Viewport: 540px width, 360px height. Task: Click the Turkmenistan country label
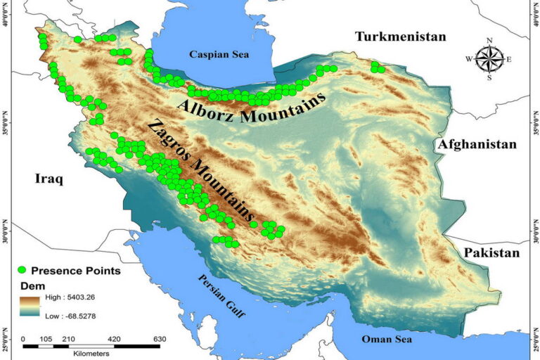pyautogui.click(x=400, y=37)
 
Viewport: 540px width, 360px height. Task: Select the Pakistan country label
pyautogui.click(x=491, y=252)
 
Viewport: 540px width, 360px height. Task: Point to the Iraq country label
pyautogui.click(x=49, y=179)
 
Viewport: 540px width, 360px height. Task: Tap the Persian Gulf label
pyautogui.click(x=221, y=296)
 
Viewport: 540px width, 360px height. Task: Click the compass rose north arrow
pyautogui.click(x=489, y=46)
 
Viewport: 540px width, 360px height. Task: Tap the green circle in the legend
pyautogui.click(x=22, y=270)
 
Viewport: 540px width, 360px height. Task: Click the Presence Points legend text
pyautogui.click(x=75, y=270)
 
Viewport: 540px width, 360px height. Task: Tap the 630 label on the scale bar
pyautogui.click(x=160, y=339)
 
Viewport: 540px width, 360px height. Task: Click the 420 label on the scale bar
pyautogui.click(x=115, y=339)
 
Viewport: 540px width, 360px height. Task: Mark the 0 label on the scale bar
pyautogui.click(x=25, y=339)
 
